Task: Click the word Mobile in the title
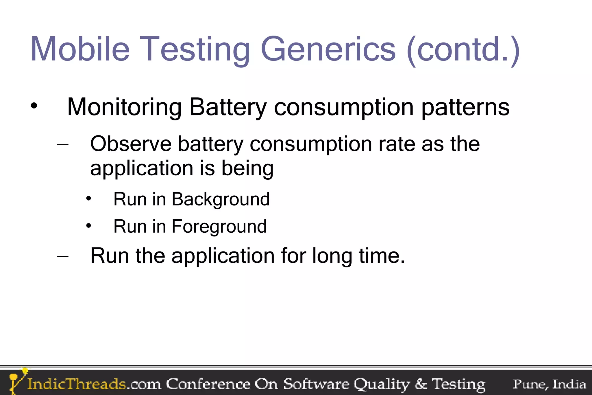[80, 49]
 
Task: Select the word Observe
[131, 144]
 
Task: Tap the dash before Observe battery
[63, 144]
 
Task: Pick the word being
[247, 169]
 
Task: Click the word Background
[221, 200]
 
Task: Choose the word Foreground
[219, 227]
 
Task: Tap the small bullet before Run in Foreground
[88, 226]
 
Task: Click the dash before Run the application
[63, 256]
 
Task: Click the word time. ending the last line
[382, 256]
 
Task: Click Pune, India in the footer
[549, 384]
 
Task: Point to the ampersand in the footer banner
[421, 384]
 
